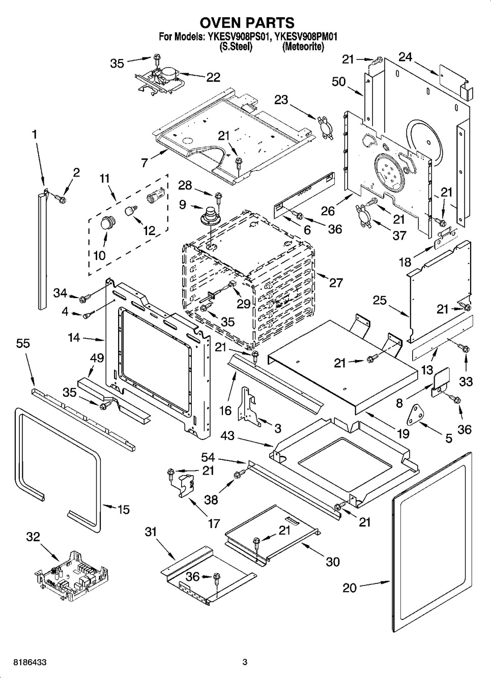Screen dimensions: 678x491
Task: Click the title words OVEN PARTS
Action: click(x=246, y=23)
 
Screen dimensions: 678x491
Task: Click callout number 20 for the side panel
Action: click(x=350, y=588)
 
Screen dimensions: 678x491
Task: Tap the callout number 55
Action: click(x=23, y=344)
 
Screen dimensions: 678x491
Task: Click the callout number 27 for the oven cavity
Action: click(x=336, y=283)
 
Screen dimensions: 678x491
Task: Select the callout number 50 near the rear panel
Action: click(x=339, y=82)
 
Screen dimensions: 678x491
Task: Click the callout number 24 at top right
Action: click(x=405, y=58)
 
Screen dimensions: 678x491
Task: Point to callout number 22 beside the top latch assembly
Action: click(x=213, y=77)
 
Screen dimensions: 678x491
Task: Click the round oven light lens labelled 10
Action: click(x=107, y=222)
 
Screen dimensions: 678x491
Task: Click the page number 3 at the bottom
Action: click(x=245, y=662)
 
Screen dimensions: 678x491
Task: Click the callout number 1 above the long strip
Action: click(x=35, y=134)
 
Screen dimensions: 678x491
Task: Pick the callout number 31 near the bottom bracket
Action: click(x=151, y=532)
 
